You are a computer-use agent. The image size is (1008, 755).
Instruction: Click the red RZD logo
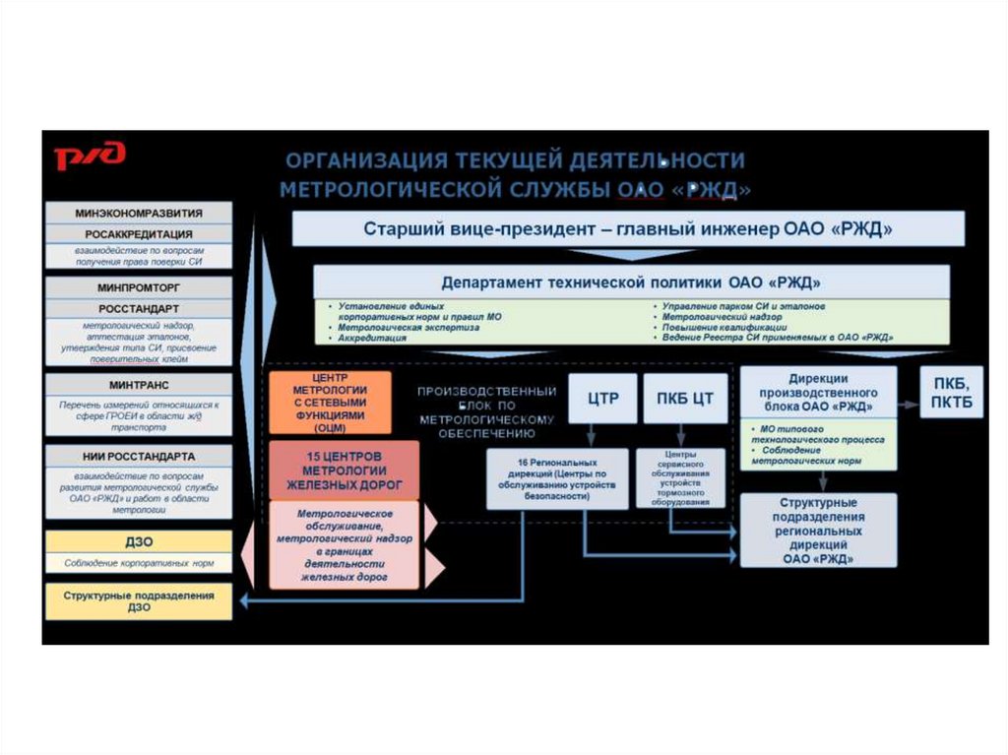[90, 156]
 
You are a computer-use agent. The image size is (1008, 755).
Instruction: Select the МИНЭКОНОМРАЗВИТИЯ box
[139, 213]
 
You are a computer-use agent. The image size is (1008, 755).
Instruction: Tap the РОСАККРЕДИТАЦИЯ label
[139, 234]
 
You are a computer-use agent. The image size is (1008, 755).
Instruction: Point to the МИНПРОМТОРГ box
[139, 287]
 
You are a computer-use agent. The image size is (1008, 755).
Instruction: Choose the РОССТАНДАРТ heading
[139, 308]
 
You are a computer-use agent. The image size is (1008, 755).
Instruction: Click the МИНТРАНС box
[139, 384]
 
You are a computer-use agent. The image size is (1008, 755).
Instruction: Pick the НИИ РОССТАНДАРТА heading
[139, 456]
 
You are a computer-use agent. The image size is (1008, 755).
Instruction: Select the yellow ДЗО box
[139, 541]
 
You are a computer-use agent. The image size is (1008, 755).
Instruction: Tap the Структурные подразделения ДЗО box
[139, 601]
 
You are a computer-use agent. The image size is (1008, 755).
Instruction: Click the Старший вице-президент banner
[628, 229]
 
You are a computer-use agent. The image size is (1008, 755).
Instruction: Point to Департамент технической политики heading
[631, 283]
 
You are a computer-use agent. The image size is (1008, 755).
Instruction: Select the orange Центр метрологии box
[330, 403]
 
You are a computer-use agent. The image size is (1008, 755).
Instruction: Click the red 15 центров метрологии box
[344, 470]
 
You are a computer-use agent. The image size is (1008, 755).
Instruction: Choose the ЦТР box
[601, 398]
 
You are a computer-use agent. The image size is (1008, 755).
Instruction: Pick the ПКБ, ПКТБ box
[950, 391]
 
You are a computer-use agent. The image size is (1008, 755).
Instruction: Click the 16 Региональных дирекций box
[556, 478]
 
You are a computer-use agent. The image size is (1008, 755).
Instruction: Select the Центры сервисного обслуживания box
[681, 478]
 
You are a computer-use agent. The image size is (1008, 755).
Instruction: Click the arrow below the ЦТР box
[591, 434]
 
